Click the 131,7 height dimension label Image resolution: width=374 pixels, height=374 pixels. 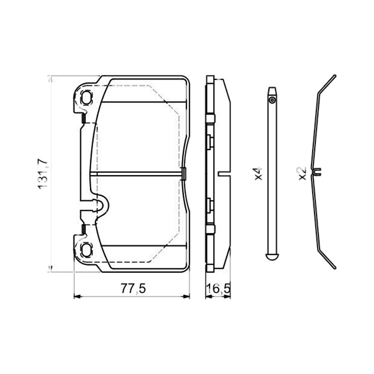click(x=43, y=173)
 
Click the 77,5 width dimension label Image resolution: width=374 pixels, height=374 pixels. click(x=133, y=288)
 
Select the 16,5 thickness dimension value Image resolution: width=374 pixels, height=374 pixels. click(x=218, y=289)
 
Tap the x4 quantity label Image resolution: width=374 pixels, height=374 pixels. click(x=259, y=173)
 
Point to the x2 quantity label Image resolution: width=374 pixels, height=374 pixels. click(x=302, y=173)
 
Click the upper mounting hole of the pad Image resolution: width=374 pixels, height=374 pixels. click(x=86, y=97)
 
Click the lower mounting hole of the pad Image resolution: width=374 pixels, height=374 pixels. click(x=86, y=250)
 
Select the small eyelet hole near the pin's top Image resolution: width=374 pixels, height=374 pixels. click(x=272, y=100)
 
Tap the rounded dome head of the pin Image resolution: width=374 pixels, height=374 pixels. click(x=272, y=257)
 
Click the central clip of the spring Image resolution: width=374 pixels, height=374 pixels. click(x=317, y=172)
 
